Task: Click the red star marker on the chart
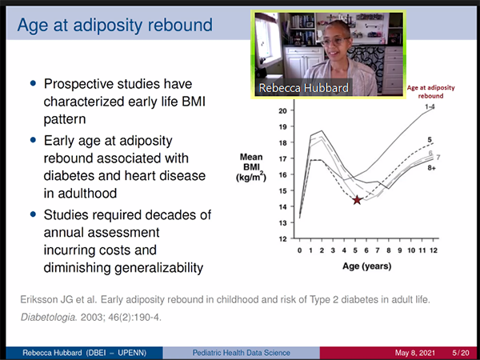tap(357, 200)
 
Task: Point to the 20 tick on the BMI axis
tap(282, 111)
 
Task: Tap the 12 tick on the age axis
tap(433, 250)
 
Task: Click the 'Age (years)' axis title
tap(366, 266)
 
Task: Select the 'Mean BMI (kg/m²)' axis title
tap(251, 167)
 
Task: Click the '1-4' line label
tap(430, 107)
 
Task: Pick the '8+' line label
tap(432, 168)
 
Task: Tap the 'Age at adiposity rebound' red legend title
tap(430, 91)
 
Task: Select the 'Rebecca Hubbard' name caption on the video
tap(304, 88)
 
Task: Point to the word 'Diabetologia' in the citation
tap(48, 318)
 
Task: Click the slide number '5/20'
tap(461, 353)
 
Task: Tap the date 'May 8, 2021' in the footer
tap(414, 353)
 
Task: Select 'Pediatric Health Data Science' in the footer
tap(242, 353)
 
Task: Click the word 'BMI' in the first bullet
tap(194, 102)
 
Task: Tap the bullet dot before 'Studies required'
tap(33, 214)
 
